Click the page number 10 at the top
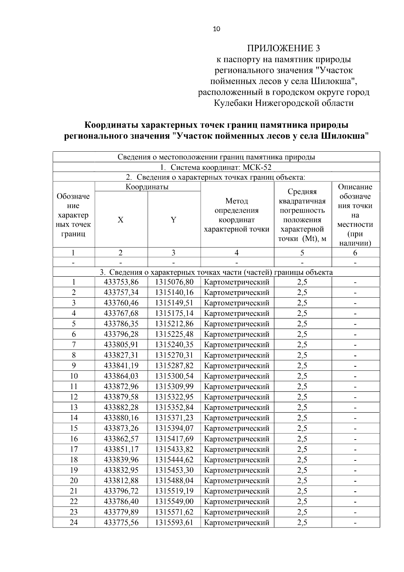[216, 29]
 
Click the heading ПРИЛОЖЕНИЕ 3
[283, 48]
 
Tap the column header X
[121, 220]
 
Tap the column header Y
[173, 220]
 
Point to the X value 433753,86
[121, 282]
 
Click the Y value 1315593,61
[174, 522]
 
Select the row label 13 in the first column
[74, 407]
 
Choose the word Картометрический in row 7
[237, 344]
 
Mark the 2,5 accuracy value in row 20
[302, 480]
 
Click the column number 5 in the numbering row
[302, 252]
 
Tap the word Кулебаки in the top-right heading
[233, 103]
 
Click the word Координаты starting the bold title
[111, 125]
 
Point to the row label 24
[74, 522]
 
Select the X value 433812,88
[121, 480]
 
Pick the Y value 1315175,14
[174, 313]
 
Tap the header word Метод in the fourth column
[237, 201]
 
